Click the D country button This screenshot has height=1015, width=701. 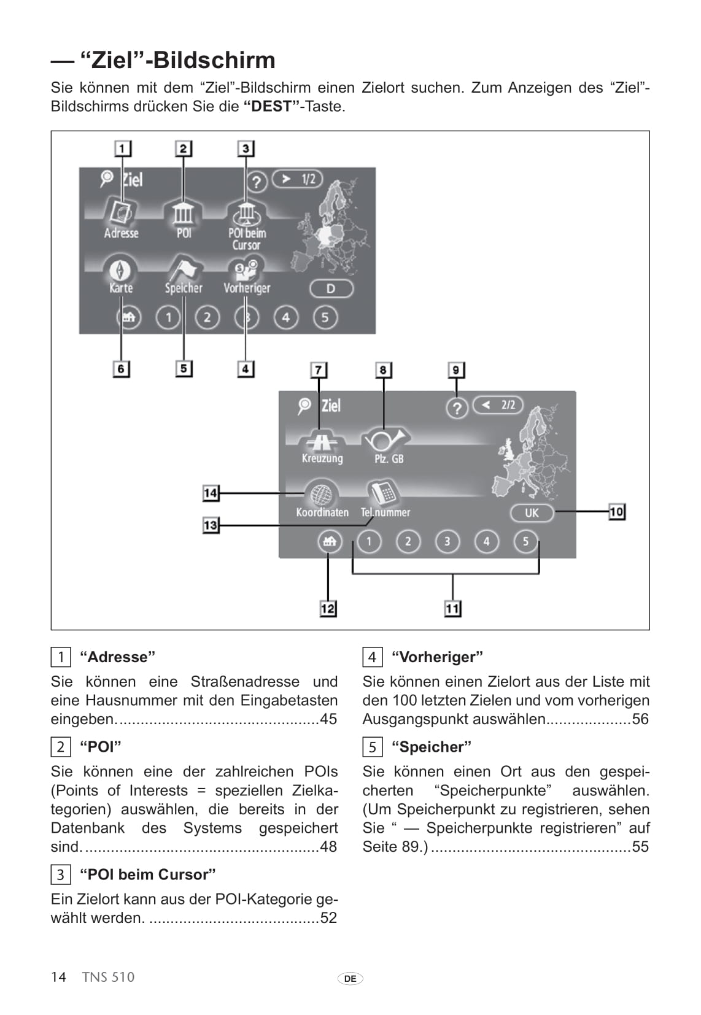click(331, 288)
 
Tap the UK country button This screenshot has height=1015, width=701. click(532, 512)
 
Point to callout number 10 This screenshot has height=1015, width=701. click(616, 512)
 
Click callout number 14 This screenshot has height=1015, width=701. click(211, 493)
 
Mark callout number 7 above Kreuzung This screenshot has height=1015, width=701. click(318, 370)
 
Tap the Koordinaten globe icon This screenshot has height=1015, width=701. click(320, 493)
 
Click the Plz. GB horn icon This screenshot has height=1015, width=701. click(385, 439)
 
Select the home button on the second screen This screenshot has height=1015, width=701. click(329, 541)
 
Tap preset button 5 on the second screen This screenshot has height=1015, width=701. click(525, 541)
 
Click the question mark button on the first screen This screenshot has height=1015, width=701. click(257, 182)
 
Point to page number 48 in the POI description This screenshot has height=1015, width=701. click(328, 847)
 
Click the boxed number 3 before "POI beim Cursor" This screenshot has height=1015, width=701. click(60, 874)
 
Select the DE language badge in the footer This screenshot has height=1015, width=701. click(350, 979)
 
